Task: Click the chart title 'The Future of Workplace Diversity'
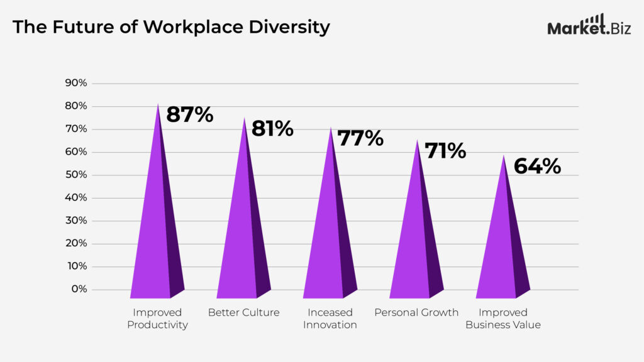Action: (171, 28)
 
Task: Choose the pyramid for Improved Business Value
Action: (502, 248)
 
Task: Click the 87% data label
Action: (189, 116)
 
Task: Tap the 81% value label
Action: (272, 129)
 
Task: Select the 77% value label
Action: (360, 138)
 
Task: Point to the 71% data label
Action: (445, 151)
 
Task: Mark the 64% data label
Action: (537, 166)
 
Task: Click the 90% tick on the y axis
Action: (75, 84)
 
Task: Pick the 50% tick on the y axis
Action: (75, 175)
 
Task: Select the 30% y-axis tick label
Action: (75, 221)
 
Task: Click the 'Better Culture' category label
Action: (243, 313)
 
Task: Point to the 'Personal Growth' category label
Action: (416, 313)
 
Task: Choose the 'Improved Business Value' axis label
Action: (502, 319)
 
